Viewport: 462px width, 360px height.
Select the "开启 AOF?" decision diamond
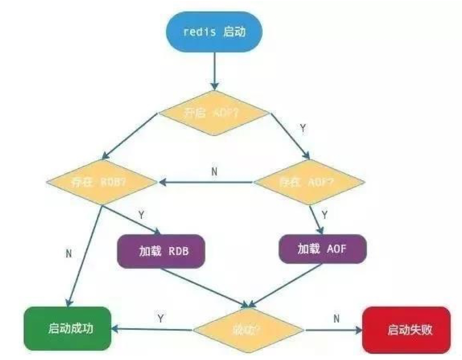click(x=214, y=113)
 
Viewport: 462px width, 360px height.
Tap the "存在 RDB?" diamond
click(x=101, y=181)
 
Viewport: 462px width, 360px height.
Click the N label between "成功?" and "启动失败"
click(x=336, y=318)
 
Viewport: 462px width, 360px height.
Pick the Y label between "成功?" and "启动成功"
click(x=160, y=318)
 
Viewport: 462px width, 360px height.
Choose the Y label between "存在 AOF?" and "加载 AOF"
click(x=324, y=215)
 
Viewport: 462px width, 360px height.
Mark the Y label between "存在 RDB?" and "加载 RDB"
click(x=141, y=215)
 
